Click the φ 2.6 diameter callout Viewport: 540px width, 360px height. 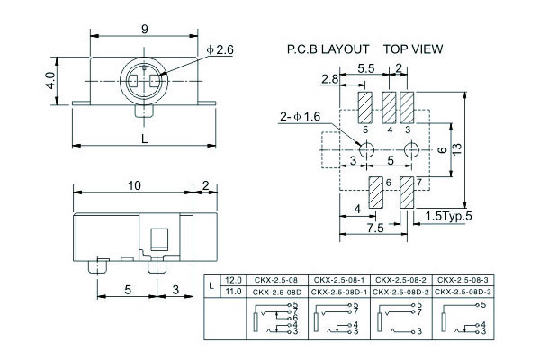[219, 50]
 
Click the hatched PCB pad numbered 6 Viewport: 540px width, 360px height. [376, 191]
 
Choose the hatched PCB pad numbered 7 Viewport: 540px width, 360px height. [407, 192]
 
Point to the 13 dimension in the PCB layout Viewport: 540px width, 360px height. [457, 148]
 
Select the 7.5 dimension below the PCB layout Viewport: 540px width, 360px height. [376, 229]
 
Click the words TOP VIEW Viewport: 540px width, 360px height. [413, 49]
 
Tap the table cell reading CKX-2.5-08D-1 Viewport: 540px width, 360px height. [340, 291]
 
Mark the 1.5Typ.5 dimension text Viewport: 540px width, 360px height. [447, 215]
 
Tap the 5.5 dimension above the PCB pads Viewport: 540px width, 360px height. [366, 68]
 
